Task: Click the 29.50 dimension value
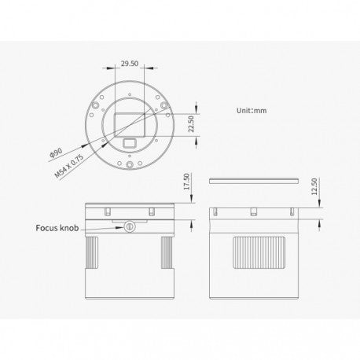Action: [130, 64]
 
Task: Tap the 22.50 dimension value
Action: [191, 124]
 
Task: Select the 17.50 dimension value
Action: [186, 182]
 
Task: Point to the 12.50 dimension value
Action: [314, 186]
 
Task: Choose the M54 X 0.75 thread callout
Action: [69, 167]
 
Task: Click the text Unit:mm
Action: [252, 111]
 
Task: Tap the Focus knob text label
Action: [57, 228]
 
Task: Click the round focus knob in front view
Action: [130, 226]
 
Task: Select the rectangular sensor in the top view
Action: [130, 125]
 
